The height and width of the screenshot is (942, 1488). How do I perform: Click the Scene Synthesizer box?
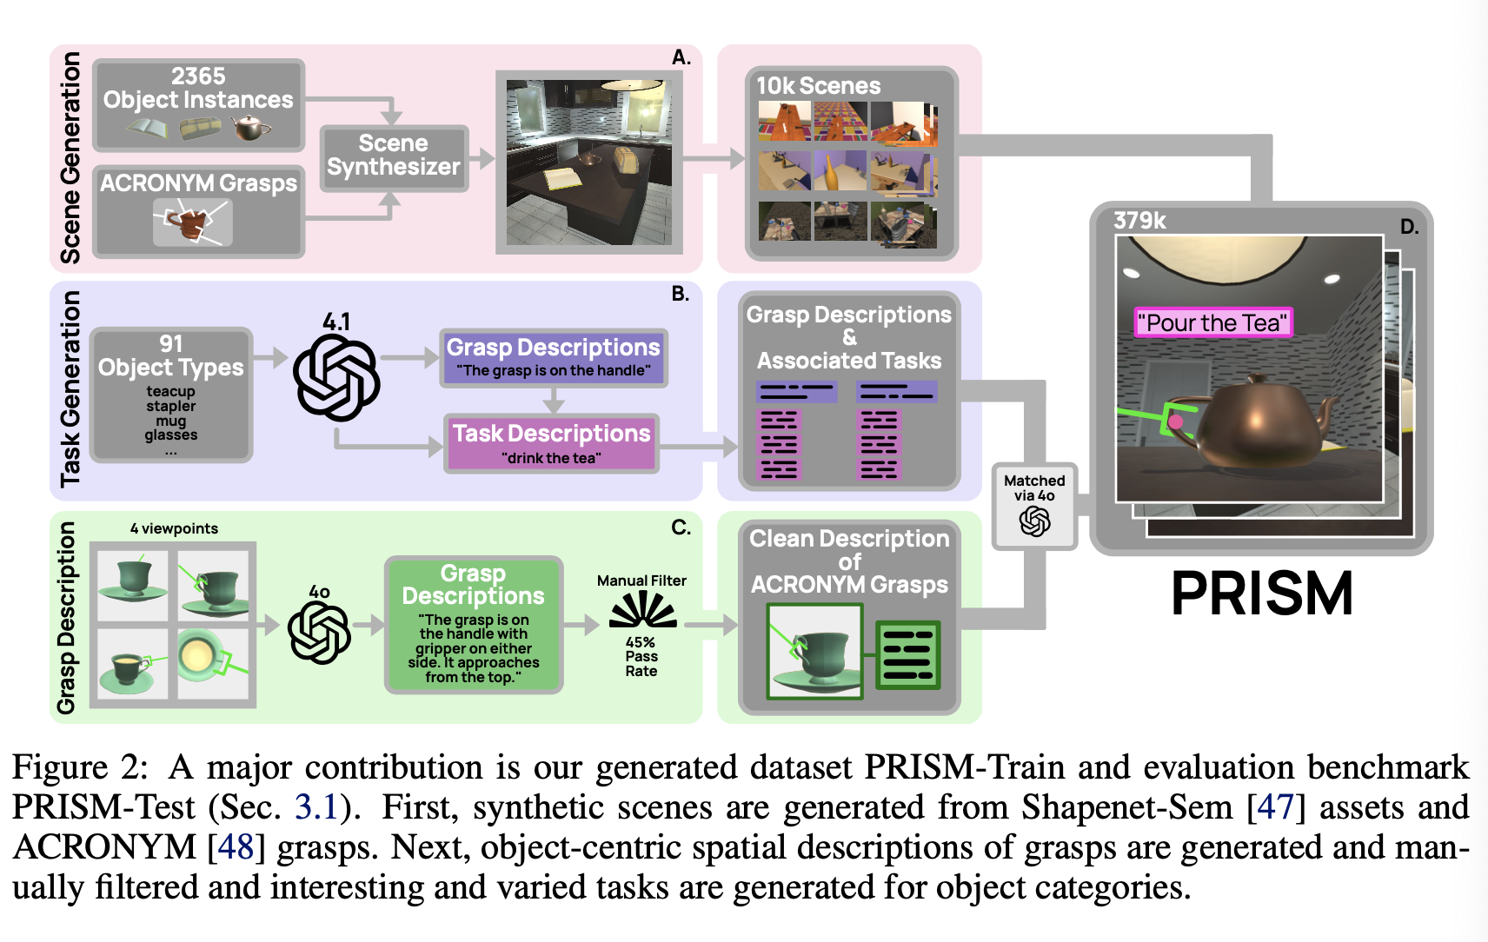coord(394,156)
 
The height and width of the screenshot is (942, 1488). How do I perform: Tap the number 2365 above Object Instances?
coord(198,76)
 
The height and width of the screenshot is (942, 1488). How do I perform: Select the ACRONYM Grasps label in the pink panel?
coord(198,183)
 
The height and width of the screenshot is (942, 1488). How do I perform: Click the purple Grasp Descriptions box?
coord(553,357)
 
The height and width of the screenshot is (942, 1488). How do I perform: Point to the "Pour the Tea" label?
coord(1212,322)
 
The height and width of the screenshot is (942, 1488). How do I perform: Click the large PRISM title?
coord(1261,594)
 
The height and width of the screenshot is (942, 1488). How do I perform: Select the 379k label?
coord(1139,221)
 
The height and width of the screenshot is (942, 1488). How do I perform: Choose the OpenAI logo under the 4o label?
coord(319,633)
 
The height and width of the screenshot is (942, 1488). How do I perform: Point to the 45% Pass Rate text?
coord(641,656)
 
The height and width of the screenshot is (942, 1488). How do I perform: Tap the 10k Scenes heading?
coord(818,86)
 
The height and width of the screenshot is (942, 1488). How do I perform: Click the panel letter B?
coord(680,294)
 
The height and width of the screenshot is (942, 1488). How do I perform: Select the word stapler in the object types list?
coord(171,406)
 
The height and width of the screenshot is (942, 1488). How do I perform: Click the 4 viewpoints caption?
coord(174,528)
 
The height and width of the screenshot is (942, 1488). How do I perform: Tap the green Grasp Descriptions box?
coord(474,624)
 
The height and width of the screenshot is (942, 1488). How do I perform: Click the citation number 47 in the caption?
coord(1275,807)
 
